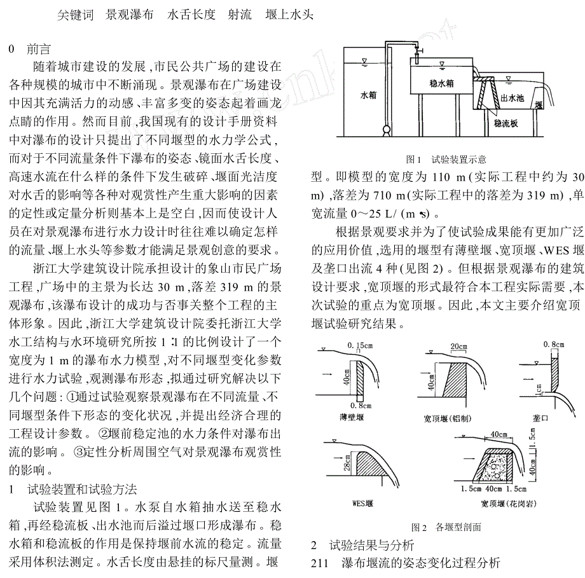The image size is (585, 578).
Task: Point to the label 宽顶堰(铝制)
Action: coord(450,417)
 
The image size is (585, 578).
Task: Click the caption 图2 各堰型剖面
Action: coord(446,526)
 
